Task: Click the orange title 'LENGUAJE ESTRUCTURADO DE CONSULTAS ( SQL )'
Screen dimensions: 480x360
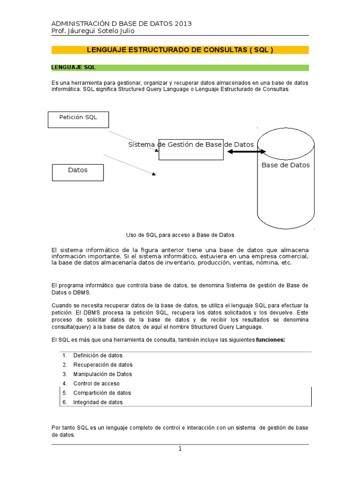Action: point(180,50)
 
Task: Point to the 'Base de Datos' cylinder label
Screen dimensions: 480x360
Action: point(285,165)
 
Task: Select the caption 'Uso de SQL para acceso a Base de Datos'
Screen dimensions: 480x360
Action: point(180,235)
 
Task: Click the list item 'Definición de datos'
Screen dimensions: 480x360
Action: point(97,355)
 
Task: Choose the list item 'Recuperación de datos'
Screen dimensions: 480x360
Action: point(103,365)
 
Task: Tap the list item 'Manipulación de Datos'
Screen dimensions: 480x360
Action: point(103,374)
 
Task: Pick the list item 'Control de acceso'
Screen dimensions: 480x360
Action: point(96,383)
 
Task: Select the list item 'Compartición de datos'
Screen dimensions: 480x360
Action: point(102,393)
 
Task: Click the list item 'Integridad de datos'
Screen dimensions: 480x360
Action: point(98,402)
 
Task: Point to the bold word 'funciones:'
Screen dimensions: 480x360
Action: point(270,339)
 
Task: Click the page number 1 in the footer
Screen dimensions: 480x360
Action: point(180,449)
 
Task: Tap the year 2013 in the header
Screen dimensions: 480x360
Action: point(183,23)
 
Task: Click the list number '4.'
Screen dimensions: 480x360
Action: point(65,383)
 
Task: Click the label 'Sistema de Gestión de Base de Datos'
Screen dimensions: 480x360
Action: point(191,144)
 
